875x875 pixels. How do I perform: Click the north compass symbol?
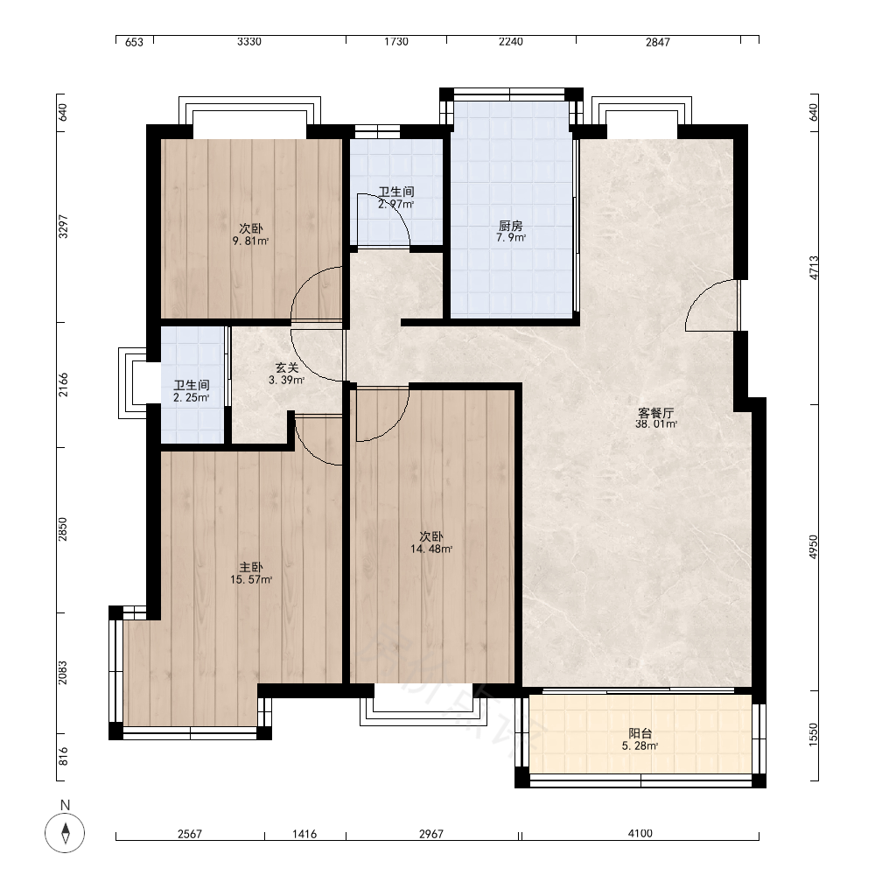click(x=65, y=833)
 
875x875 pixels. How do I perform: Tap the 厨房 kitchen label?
click(x=511, y=226)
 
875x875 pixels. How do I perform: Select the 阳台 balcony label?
click(x=640, y=733)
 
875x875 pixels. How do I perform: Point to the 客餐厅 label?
click(x=655, y=413)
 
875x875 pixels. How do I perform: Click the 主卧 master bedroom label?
click(x=251, y=568)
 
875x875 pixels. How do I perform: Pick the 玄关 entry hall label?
click(x=287, y=367)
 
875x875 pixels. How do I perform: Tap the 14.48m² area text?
click(x=431, y=549)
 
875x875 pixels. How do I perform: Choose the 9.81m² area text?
click(x=250, y=241)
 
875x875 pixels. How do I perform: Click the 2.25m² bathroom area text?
click(x=192, y=398)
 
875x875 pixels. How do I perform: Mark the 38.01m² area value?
click(x=656, y=424)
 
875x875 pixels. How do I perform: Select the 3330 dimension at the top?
click(x=248, y=42)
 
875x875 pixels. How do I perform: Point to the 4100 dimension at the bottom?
click(x=640, y=834)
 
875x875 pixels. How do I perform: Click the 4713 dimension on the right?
click(x=814, y=267)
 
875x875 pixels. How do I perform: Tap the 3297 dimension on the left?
click(x=63, y=227)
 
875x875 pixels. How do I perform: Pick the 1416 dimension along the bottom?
click(x=304, y=834)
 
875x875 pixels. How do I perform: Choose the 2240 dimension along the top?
click(x=511, y=42)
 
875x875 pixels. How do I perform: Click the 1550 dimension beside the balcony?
click(x=813, y=734)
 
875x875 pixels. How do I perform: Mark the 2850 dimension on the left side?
click(x=63, y=529)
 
